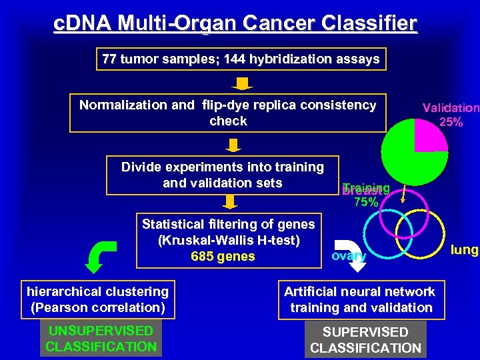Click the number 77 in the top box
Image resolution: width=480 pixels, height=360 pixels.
(x=109, y=59)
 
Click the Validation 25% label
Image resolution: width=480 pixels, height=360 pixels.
(x=450, y=115)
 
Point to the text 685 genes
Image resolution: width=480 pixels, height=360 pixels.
(x=223, y=256)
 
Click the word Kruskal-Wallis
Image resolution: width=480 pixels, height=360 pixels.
(x=203, y=240)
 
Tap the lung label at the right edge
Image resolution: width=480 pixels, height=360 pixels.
(x=464, y=250)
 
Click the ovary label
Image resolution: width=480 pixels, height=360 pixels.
(x=348, y=255)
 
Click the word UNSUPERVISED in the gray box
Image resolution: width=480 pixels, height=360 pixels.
(x=101, y=331)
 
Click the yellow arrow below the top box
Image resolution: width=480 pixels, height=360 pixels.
(x=243, y=83)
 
